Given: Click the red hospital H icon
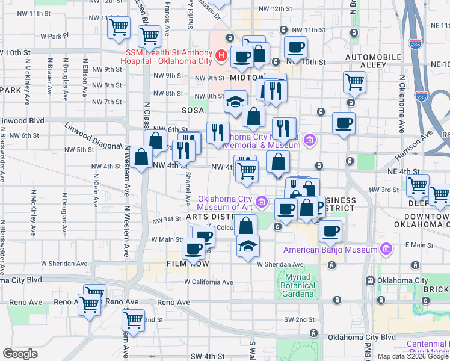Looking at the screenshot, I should (x=221, y=57).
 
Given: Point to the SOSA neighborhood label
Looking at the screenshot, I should (x=194, y=111).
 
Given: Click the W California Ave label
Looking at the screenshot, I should (x=208, y=282).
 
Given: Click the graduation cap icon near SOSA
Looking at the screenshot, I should (x=235, y=101).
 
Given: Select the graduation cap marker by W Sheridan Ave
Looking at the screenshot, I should (x=247, y=246).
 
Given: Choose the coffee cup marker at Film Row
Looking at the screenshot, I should (x=193, y=248).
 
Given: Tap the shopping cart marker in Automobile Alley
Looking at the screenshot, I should (x=354, y=81).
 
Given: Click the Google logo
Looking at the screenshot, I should (x=20, y=353).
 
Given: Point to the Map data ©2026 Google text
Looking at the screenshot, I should (x=413, y=356).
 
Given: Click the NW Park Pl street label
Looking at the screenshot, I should (x=66, y=35).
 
